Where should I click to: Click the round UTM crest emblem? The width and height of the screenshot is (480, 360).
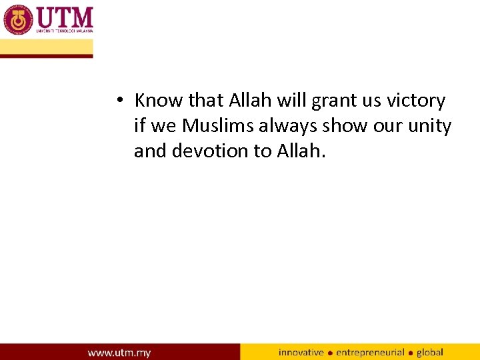19,19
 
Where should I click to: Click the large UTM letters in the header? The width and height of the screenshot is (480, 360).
65,16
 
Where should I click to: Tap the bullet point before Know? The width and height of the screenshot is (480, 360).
117,101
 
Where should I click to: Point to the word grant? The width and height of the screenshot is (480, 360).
334,101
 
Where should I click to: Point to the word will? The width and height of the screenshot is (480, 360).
291,101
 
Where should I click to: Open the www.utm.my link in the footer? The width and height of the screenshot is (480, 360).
119,352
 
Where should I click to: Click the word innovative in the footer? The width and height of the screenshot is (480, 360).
301,352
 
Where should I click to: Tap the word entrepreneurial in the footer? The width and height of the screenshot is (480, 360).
370,352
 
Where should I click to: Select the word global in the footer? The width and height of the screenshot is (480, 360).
430,352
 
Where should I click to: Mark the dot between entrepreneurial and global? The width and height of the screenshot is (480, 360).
411,353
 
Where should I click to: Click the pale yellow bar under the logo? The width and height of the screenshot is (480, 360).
47,47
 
